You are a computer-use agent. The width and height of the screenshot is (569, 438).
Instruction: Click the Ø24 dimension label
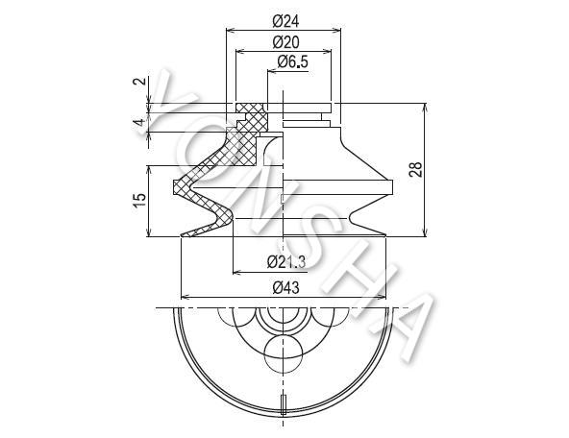point(285,22)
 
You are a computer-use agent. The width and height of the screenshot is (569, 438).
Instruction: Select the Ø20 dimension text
point(286,42)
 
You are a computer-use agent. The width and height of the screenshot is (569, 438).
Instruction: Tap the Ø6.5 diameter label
point(292,62)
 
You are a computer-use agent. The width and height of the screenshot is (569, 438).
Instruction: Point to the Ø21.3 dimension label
point(286,261)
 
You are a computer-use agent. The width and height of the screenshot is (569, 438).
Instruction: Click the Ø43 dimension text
point(286,288)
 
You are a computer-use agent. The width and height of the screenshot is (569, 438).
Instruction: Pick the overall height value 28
point(416,169)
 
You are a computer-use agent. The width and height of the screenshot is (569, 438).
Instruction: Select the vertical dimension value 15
point(139,201)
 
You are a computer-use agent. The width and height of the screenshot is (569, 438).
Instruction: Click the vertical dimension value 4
point(139,122)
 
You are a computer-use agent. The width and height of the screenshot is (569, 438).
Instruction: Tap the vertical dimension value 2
point(139,81)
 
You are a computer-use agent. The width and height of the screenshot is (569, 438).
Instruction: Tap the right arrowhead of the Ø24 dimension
point(336,31)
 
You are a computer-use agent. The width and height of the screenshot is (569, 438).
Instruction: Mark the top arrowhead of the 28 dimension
point(426,108)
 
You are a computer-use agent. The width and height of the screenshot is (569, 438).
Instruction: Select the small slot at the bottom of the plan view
point(284,404)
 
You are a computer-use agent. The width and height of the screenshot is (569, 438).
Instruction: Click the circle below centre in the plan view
point(284,353)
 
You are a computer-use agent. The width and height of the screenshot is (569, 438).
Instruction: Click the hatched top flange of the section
point(249,108)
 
